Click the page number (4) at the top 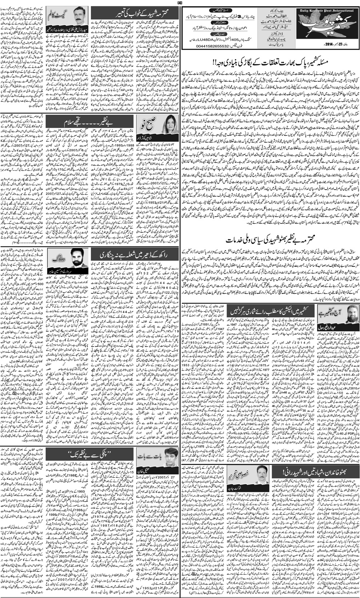[x=179, y=3]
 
